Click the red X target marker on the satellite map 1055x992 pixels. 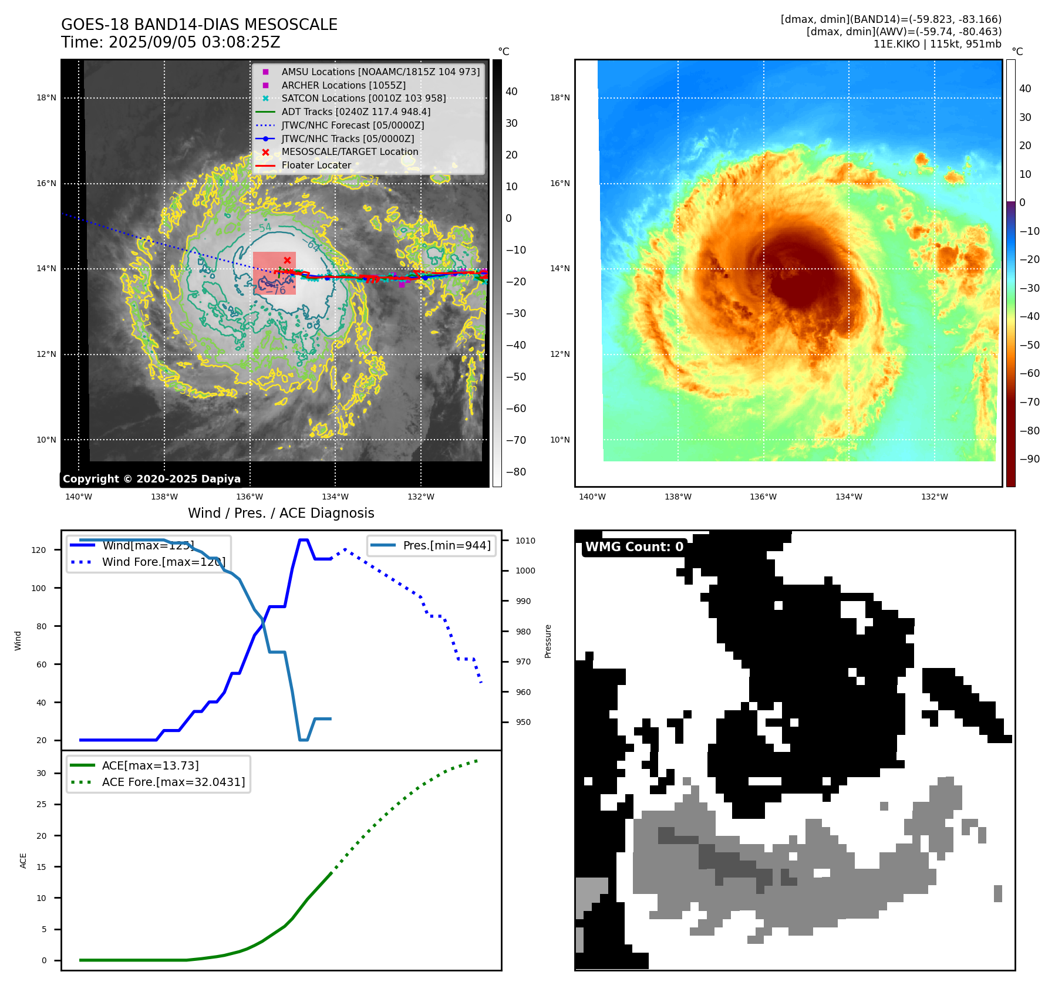(287, 260)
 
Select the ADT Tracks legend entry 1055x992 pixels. (356, 112)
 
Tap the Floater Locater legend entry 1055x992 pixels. (316, 166)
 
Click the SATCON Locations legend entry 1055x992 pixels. (363, 99)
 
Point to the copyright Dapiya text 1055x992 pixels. (151, 479)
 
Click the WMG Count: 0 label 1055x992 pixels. (634, 547)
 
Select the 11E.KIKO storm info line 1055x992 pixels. (937, 44)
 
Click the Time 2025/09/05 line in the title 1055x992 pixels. (170, 43)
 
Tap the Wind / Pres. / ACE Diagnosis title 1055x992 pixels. (281, 513)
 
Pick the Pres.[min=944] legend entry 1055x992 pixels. (446, 545)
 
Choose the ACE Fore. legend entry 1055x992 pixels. (173, 782)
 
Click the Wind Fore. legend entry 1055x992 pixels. (163, 562)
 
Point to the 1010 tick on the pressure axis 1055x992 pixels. (525, 541)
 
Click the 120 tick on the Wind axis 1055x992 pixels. (39, 550)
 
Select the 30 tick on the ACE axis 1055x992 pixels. (41, 773)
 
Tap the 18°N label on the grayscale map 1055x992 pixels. (46, 98)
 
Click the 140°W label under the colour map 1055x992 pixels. (592, 497)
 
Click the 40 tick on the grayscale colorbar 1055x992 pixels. (511, 92)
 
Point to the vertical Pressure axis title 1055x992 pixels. (548, 641)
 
